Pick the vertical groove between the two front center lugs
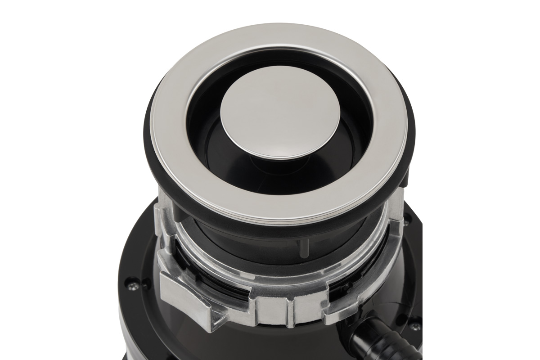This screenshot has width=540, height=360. (289, 310)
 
